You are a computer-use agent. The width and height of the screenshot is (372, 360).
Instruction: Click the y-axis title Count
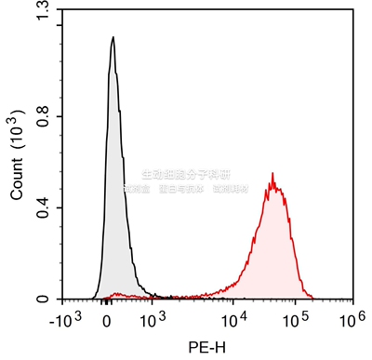click(x=17, y=179)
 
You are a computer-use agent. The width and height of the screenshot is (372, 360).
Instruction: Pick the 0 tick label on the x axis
click(x=108, y=321)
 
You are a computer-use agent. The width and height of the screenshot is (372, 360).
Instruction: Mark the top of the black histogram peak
click(x=113, y=38)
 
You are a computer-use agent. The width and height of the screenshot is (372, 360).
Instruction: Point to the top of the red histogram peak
click(x=272, y=173)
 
